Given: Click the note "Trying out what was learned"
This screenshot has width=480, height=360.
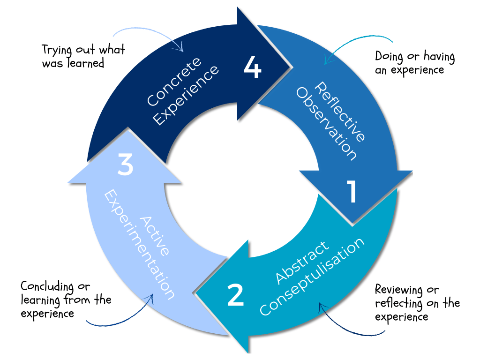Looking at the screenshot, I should pyautogui.click(x=83, y=56).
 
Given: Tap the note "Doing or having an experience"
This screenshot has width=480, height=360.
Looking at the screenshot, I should pyautogui.click(x=414, y=63).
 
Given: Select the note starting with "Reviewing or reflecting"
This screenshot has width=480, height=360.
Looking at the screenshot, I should pyautogui.click(x=417, y=303).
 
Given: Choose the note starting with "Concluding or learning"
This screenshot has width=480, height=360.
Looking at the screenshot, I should pyautogui.click(x=66, y=300).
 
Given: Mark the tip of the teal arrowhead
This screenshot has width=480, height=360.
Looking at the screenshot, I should pyautogui.click(x=196, y=294).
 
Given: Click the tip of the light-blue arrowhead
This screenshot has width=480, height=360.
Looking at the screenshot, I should pyautogui.click(x=126, y=130).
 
